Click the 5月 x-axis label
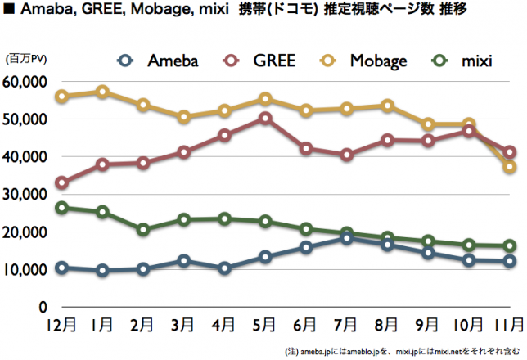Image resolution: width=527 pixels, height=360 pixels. tap(263, 324)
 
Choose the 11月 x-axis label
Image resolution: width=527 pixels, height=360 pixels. tap(508, 324)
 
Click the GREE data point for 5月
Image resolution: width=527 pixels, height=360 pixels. tap(264, 118)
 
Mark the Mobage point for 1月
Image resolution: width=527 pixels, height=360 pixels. tap(102, 92)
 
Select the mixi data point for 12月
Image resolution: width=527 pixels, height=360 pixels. tap(61, 208)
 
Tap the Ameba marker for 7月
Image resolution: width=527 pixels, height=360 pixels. tap(346, 237)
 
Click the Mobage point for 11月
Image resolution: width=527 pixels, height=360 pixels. tap(509, 167)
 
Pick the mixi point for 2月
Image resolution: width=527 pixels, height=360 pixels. tap(143, 230)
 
